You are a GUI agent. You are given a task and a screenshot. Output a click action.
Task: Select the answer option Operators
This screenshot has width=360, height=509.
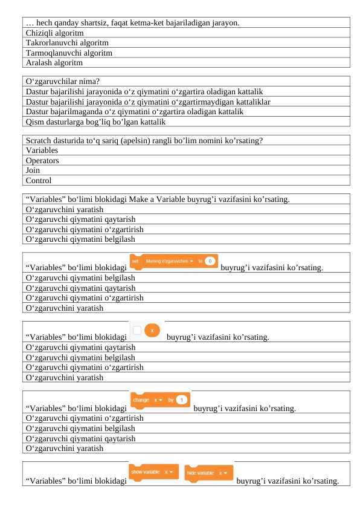coord(42,161)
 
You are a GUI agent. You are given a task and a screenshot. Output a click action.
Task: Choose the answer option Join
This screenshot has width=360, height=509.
coord(33,170)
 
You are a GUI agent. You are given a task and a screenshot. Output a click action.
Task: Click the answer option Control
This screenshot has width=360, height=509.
coord(39,180)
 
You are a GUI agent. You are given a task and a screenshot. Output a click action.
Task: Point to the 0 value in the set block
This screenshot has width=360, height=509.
coord(210,262)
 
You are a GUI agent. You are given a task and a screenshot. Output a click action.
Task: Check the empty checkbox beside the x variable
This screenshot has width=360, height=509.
coord(138,330)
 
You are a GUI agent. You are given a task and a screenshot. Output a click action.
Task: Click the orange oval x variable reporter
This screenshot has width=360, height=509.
coord(153,330)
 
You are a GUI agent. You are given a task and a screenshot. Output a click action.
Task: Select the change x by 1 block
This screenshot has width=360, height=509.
coord(160,400)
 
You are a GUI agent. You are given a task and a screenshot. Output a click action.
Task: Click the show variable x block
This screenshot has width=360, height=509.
coord(153,472)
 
